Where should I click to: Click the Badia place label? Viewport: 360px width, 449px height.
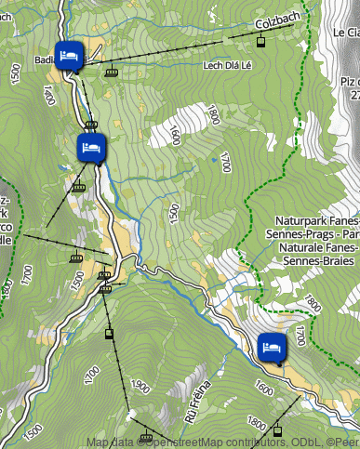coord(44,60)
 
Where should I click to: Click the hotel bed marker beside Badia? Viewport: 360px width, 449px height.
coord(68,55)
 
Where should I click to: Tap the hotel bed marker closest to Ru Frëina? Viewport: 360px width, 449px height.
coord(271,348)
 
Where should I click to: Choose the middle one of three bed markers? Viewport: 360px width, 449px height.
coord(90,148)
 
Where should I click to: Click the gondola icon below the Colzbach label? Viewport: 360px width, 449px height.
coord(261,42)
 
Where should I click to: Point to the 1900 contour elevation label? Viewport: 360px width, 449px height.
coord(141,387)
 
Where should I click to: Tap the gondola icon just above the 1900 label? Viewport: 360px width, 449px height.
coord(109,332)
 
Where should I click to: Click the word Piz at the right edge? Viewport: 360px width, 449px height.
coord(350,81)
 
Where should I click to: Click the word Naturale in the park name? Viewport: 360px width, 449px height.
coord(300,248)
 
